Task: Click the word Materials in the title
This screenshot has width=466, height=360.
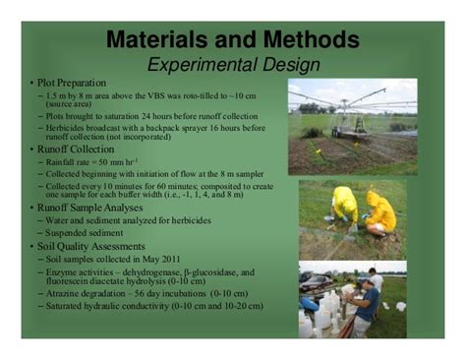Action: pos(159,42)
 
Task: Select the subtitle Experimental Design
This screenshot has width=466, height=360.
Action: pos(233,65)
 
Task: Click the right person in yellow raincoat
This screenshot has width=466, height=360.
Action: pos(379,211)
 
